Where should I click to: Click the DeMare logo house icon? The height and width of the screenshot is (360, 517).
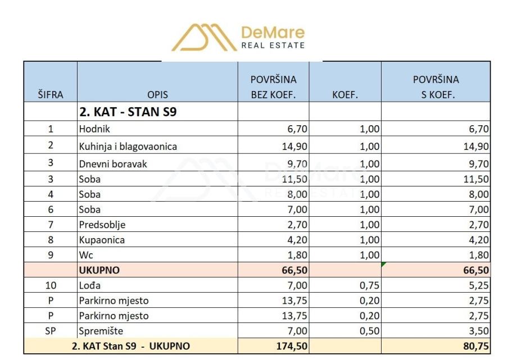(204, 38)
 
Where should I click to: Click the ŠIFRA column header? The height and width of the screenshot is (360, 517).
(50, 95)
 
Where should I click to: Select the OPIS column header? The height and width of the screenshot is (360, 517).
(157, 95)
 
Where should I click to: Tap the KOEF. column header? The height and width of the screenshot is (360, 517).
(345, 95)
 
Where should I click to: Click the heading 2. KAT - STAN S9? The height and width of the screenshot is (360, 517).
(128, 112)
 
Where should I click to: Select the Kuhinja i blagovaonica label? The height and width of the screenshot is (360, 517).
(128, 147)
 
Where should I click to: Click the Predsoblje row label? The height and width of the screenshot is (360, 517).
(102, 225)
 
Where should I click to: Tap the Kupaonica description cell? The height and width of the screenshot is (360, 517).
(102, 240)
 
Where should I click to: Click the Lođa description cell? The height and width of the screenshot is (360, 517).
(90, 285)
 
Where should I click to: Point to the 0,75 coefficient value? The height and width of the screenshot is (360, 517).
(369, 285)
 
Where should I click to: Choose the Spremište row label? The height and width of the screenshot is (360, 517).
(101, 331)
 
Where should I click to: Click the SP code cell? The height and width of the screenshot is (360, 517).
(50, 331)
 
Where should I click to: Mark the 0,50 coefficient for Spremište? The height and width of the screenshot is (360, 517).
(369, 331)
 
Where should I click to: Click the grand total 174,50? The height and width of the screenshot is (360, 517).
(292, 346)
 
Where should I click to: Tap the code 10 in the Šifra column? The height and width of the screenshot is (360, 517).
(50, 285)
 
